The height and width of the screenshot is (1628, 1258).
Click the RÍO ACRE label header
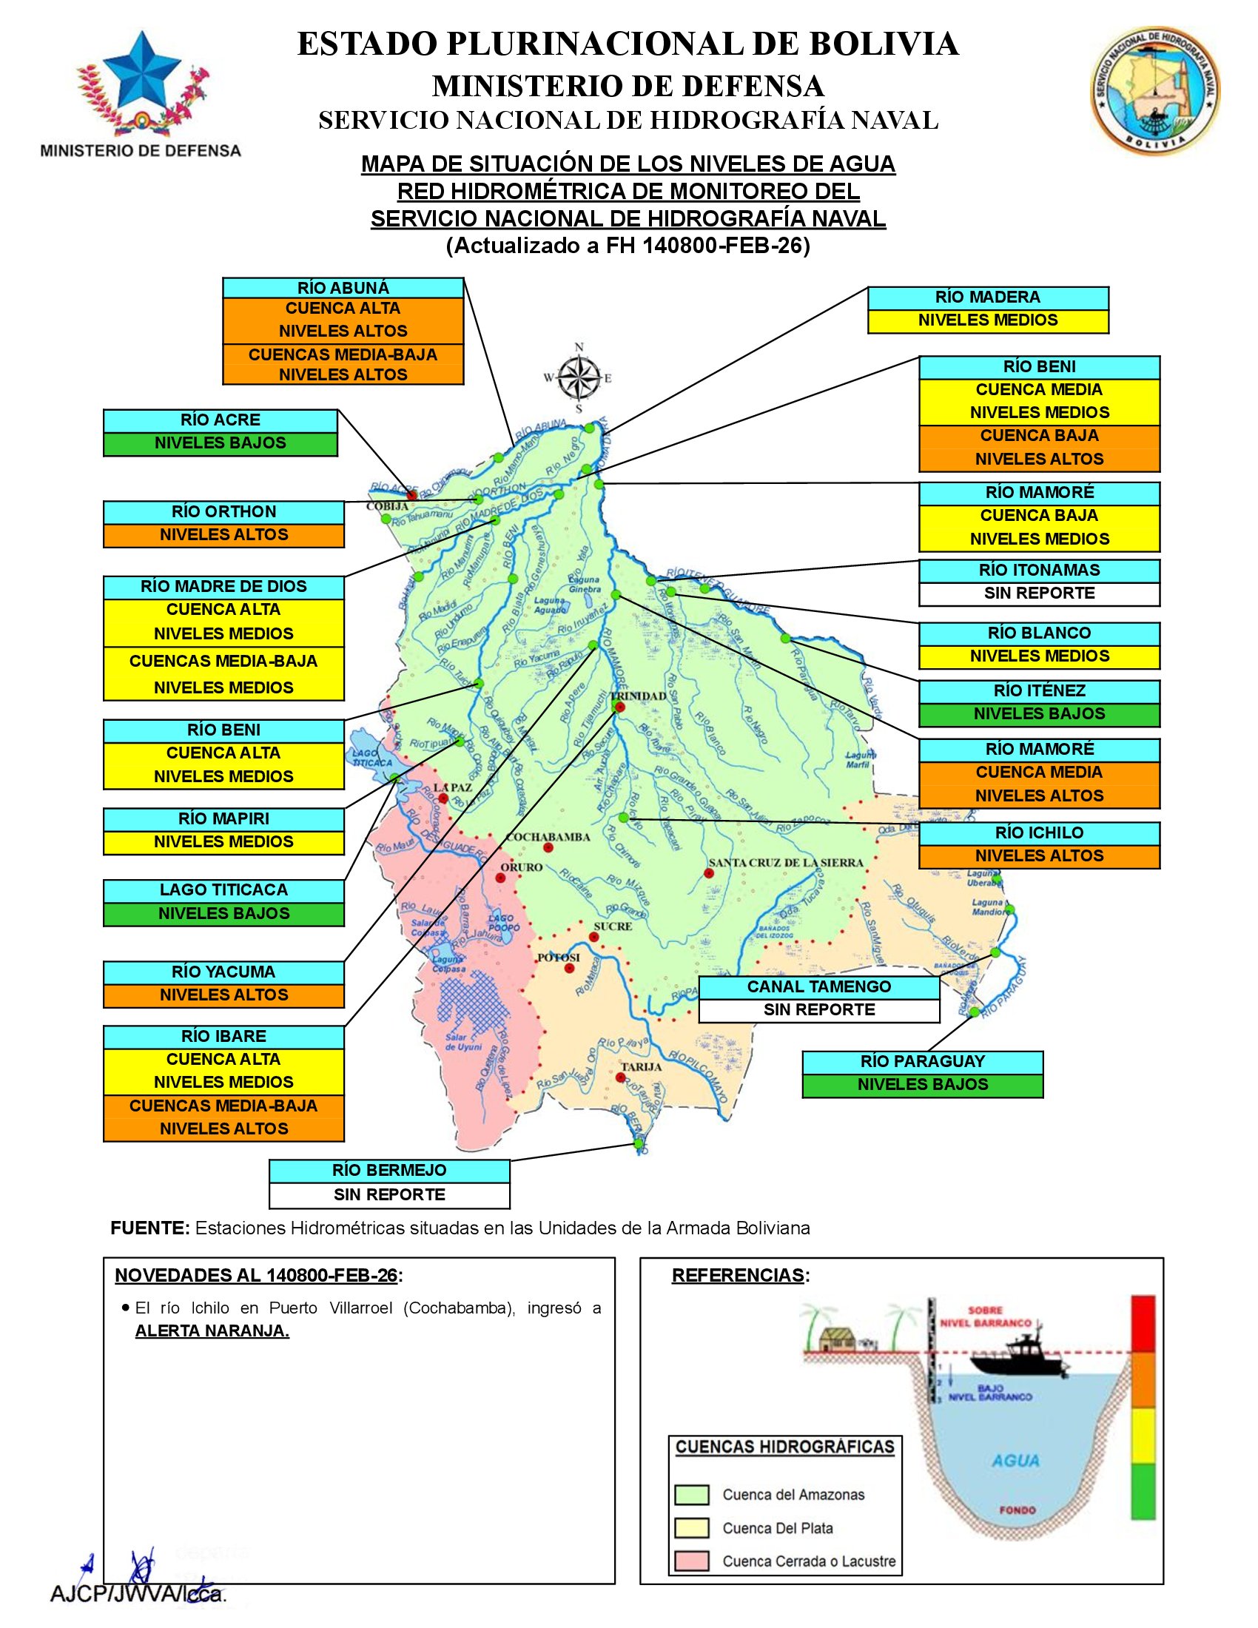pyautogui.click(x=220, y=420)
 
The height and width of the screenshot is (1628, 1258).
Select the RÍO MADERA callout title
pyautogui.click(x=987, y=297)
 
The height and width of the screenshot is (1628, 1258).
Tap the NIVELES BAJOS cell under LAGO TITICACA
pyautogui.click(x=223, y=914)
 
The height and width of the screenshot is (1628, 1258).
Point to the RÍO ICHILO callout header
pyautogui.click(x=1039, y=833)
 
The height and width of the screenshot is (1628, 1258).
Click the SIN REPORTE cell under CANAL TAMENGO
pyautogui.click(x=819, y=1010)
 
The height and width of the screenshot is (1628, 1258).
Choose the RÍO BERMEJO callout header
pyautogui.click(x=389, y=1171)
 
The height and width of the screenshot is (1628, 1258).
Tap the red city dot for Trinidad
pyautogui.click(x=620, y=707)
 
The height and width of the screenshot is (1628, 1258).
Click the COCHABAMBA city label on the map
pyautogui.click(x=548, y=837)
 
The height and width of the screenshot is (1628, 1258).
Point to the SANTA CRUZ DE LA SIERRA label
pyautogui.click(x=785, y=862)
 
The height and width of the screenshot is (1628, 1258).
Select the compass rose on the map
pyautogui.click(x=579, y=378)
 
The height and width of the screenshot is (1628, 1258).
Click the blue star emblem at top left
pyautogui.click(x=141, y=72)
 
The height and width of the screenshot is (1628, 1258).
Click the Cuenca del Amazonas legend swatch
pyautogui.click(x=691, y=1495)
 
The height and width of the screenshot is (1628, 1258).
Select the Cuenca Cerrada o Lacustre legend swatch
pyautogui.click(x=691, y=1561)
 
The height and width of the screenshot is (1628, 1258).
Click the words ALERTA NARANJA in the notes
pyautogui.click(x=212, y=1331)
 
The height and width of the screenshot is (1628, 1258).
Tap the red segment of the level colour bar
pyautogui.click(x=1143, y=1324)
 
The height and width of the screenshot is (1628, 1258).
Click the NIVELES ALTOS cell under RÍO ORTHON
pyautogui.click(x=223, y=535)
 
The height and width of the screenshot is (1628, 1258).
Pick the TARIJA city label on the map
pyautogui.click(x=641, y=1066)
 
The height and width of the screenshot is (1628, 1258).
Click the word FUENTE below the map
pyautogui.click(x=149, y=1228)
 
